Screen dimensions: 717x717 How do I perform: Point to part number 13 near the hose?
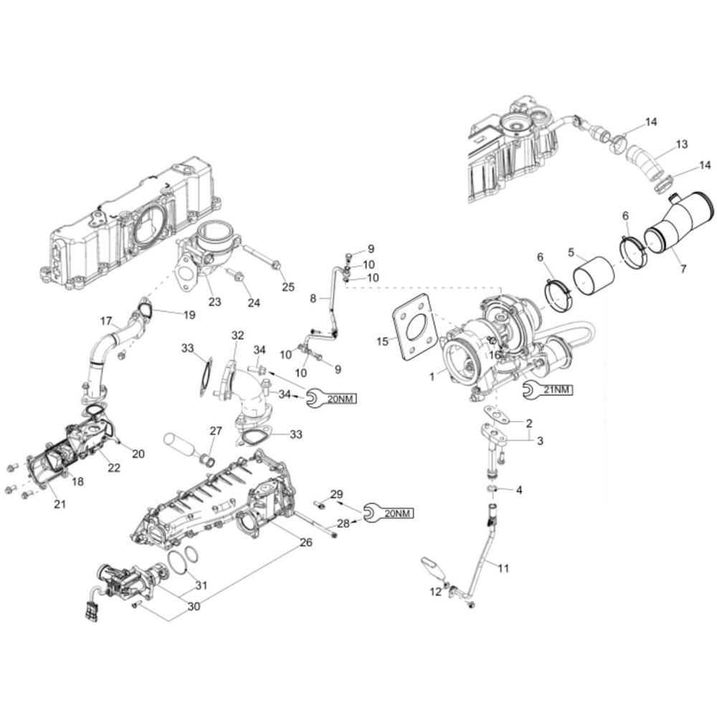click(x=681, y=145)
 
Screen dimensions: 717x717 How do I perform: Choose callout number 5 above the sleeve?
click(x=571, y=252)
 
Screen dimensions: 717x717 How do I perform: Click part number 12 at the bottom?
click(x=435, y=592)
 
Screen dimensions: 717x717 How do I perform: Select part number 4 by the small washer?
click(x=519, y=490)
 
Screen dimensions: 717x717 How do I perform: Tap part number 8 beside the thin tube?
click(x=313, y=298)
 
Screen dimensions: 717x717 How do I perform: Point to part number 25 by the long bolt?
click(x=288, y=288)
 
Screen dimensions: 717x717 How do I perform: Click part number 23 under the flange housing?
click(x=214, y=302)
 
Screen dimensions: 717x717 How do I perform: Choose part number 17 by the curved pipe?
click(x=106, y=320)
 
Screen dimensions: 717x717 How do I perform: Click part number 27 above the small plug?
click(x=216, y=431)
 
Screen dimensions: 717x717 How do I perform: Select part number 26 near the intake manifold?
click(x=305, y=543)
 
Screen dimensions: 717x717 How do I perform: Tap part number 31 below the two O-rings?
click(x=201, y=585)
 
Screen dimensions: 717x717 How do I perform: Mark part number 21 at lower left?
click(x=60, y=505)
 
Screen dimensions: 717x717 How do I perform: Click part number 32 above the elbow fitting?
click(x=237, y=335)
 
